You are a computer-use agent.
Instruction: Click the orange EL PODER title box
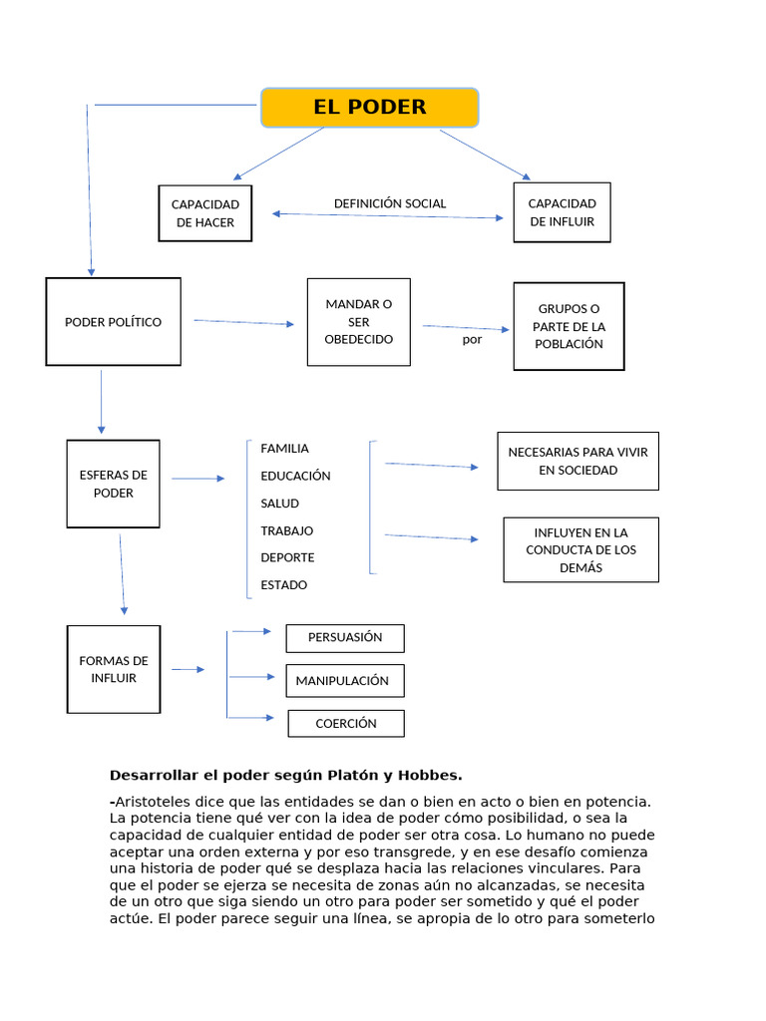click(370, 108)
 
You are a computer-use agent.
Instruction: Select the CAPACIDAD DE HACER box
click(205, 213)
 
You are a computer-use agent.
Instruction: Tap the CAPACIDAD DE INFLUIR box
click(562, 212)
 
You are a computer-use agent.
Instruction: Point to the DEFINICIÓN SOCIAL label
click(390, 203)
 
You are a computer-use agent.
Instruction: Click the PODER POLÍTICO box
click(113, 322)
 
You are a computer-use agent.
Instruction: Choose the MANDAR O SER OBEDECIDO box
click(358, 322)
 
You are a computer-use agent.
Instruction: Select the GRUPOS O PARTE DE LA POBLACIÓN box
click(569, 326)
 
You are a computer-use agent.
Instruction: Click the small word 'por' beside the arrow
click(472, 339)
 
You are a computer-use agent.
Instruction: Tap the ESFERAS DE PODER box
click(113, 484)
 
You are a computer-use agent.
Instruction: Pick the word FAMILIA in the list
click(284, 449)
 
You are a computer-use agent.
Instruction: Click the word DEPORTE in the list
click(287, 557)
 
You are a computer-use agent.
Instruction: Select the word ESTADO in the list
click(283, 585)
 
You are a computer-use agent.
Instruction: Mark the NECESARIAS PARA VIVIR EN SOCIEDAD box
click(577, 461)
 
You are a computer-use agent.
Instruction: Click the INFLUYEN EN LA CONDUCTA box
click(580, 549)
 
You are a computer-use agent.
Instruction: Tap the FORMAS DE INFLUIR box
click(113, 669)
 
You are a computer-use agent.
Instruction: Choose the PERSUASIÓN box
click(345, 637)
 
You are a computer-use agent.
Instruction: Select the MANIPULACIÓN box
click(345, 681)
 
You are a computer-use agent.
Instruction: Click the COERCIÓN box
click(346, 724)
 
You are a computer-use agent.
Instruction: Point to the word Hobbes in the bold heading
click(429, 775)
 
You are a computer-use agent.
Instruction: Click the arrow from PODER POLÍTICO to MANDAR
click(243, 322)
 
